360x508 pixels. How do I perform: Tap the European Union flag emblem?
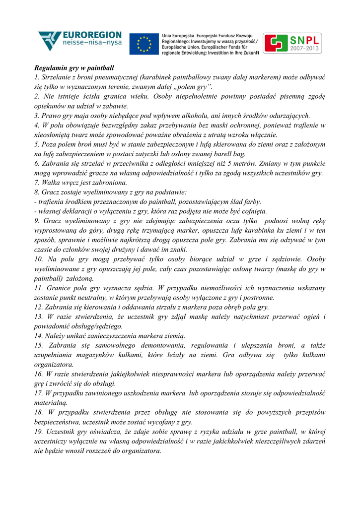tap(144, 45)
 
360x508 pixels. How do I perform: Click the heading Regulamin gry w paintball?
tap(74, 68)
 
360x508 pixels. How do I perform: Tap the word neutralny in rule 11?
tap(88, 298)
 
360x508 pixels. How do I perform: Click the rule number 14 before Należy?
tap(38, 335)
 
